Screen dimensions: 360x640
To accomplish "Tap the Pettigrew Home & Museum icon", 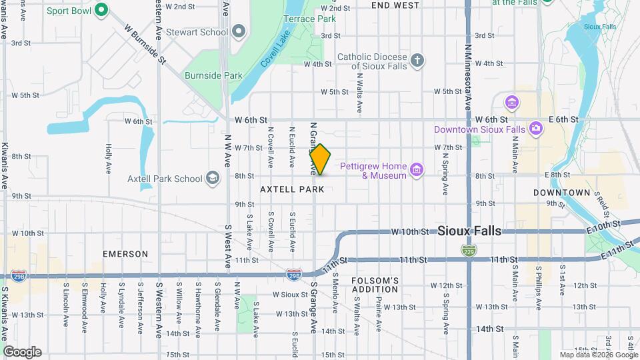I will [417, 171].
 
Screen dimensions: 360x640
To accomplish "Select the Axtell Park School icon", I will [213, 178].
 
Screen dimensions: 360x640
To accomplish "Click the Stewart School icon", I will [239, 31].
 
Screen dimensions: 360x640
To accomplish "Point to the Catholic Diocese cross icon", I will [417, 61].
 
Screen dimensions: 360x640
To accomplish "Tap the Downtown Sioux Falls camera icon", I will [535, 129].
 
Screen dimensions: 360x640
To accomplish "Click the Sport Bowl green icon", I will [101, 10].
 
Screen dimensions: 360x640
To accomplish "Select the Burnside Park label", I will [213, 75].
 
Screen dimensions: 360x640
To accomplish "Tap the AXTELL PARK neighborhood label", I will [292, 189].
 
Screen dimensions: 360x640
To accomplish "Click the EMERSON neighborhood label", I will [125, 254].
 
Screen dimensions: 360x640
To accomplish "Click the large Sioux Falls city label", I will [469, 231].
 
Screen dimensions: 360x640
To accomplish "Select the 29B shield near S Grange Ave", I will [293, 273].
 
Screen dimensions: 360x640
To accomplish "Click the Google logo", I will [22, 352].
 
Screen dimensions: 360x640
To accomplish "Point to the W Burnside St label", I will [145, 45].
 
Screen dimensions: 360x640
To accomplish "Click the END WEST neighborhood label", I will [395, 5].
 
